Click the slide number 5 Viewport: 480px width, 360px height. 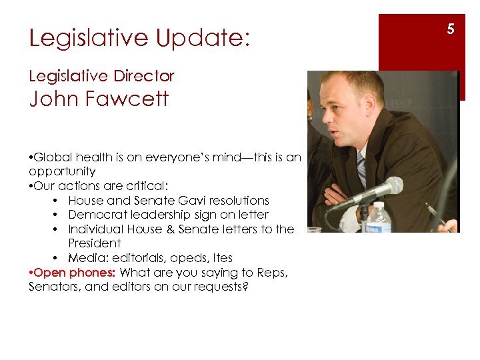451,29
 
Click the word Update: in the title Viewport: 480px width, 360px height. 203,38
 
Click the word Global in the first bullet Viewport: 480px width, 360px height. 53,157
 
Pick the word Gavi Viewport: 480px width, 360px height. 190,200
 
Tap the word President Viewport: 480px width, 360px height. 95,243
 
